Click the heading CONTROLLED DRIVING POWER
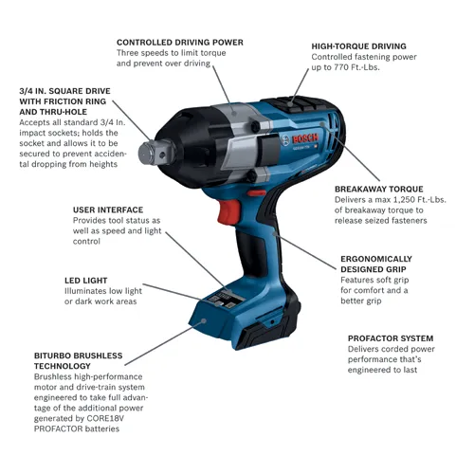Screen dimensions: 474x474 [179, 43]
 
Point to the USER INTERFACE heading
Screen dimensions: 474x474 [108, 209]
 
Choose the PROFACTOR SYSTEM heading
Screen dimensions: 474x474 [391, 337]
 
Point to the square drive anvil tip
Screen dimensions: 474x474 [149, 151]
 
